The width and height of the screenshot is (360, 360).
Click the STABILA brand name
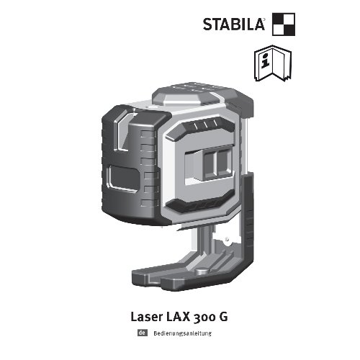tap(233, 24)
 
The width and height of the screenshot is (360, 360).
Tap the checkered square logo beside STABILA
tap(284, 24)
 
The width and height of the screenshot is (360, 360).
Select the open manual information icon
tap(273, 63)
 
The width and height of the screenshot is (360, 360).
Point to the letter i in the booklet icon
tap(265, 60)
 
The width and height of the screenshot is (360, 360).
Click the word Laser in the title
tap(146, 317)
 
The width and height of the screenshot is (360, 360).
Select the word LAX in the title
tap(178, 317)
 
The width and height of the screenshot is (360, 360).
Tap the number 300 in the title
tap(204, 318)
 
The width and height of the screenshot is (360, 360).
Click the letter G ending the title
tap(223, 317)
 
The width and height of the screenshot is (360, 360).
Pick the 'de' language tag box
tap(143, 333)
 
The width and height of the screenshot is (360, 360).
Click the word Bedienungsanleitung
tap(183, 333)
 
